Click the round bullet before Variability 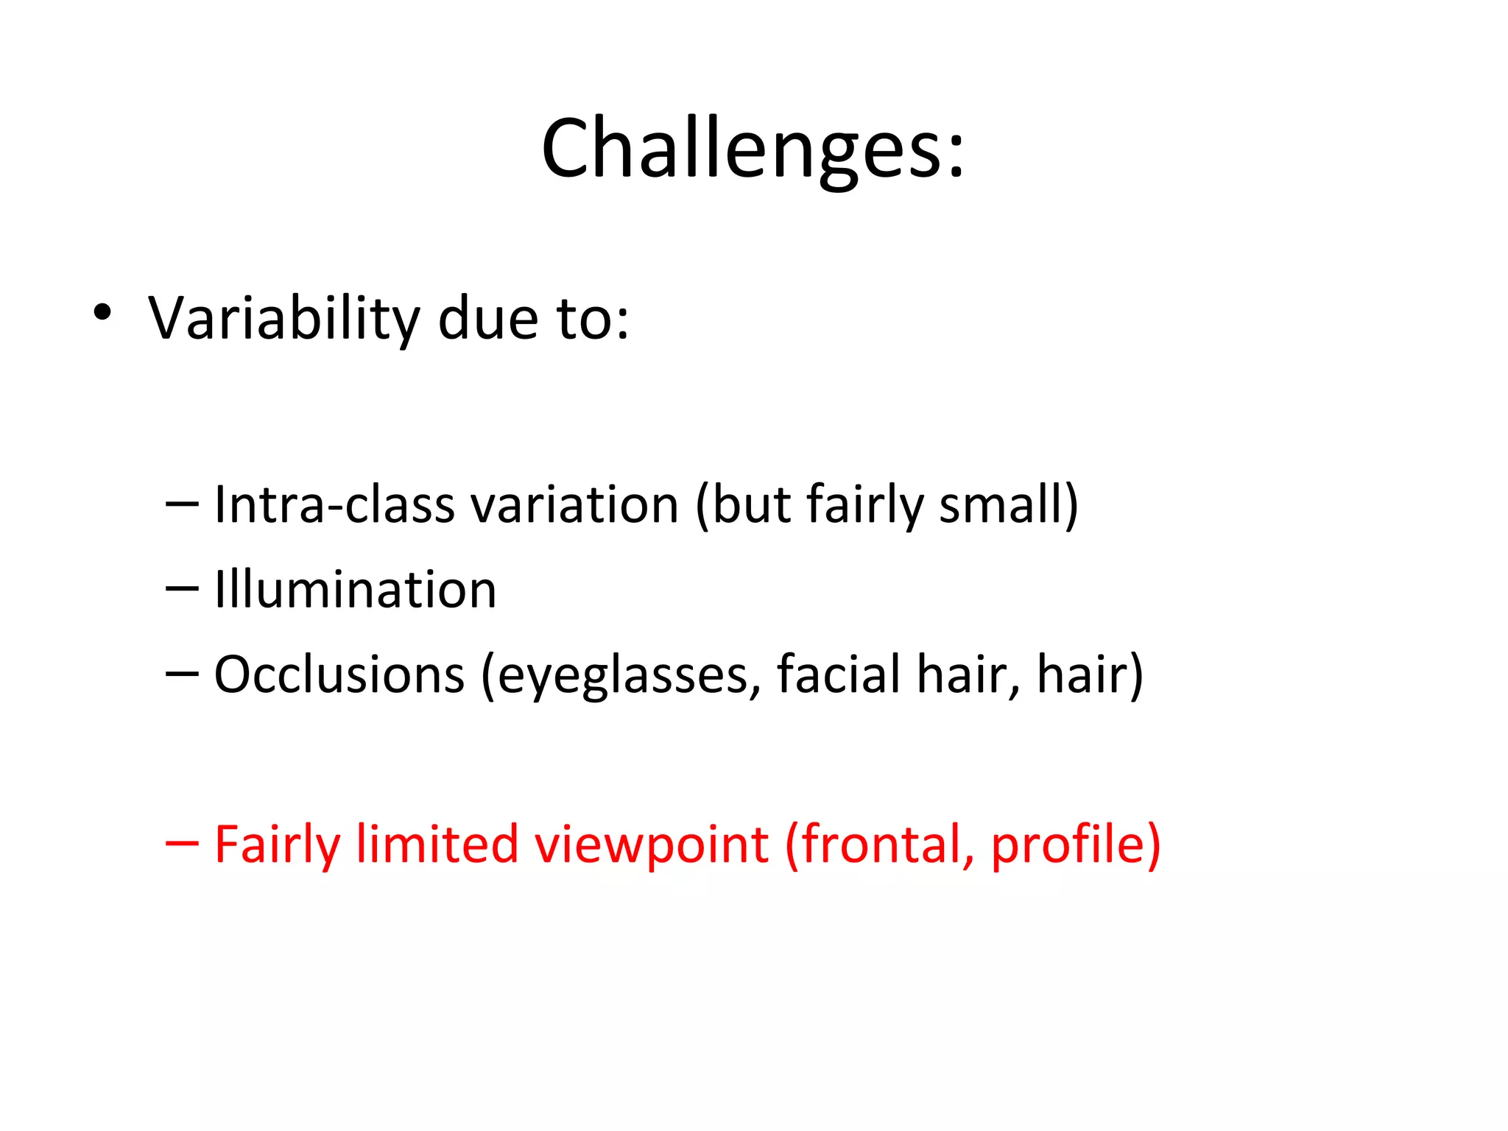pos(102,313)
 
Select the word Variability pos(283,319)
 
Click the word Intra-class pos(335,505)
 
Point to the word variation pos(574,505)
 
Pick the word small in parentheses pos(1001,505)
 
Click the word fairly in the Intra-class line pos(864,505)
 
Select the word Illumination pos(356,590)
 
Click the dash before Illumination pos(182,588)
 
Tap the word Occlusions pos(339,674)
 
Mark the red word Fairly pos(277,845)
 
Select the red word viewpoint pos(652,845)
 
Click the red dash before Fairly pos(182,843)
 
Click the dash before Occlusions pos(182,673)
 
